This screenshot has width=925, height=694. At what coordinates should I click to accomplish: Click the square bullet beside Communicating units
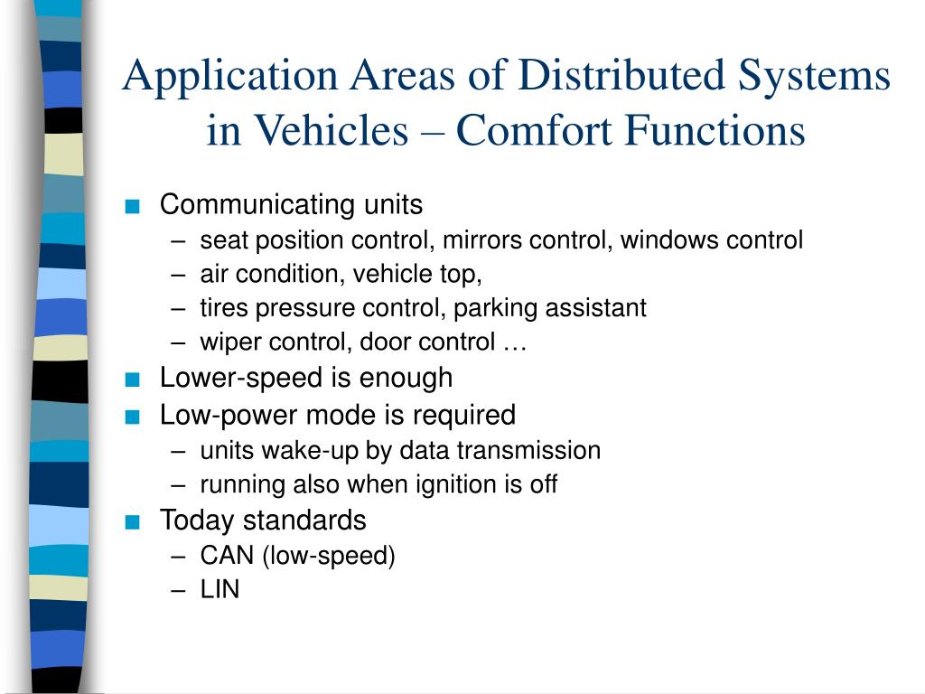[x=134, y=206]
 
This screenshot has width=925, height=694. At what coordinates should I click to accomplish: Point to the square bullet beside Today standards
[x=134, y=521]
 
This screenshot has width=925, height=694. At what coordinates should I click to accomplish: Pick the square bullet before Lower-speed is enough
[x=134, y=378]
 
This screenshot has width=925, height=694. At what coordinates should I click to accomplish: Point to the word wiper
[x=227, y=342]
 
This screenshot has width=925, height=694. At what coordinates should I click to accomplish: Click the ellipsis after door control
[x=514, y=342]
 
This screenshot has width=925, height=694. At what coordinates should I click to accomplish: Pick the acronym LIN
[x=220, y=590]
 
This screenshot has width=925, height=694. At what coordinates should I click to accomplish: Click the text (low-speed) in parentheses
[x=329, y=556]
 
